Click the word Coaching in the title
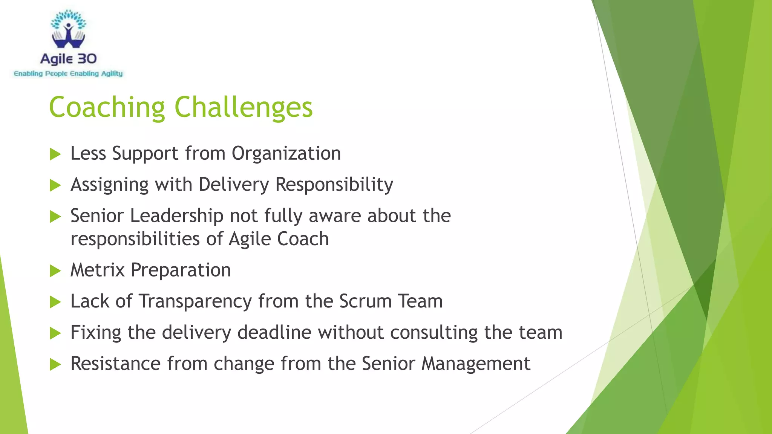pos(107,107)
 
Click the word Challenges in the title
pos(244,107)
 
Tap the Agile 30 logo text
pos(68,59)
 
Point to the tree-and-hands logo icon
pos(68,29)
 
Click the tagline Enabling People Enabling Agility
pos(68,73)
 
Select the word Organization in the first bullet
pos(286,154)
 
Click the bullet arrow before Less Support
pos(55,154)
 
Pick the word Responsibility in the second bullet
pos(334,185)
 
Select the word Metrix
pos(97,270)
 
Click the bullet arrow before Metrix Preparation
pos(55,271)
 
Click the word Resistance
pos(115,364)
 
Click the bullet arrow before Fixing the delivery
pos(55,333)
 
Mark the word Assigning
pos(109,185)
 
